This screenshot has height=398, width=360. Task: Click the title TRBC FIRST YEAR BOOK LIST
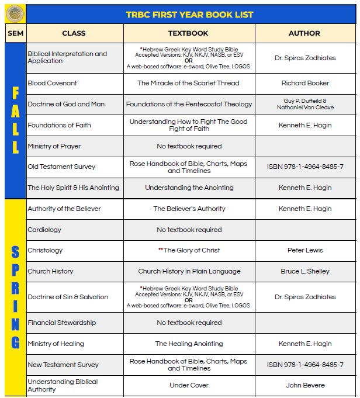[x=189, y=14]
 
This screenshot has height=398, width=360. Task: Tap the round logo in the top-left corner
[x=15, y=13]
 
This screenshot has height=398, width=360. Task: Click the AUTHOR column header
[x=304, y=33]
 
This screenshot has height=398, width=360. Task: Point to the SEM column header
[x=15, y=33]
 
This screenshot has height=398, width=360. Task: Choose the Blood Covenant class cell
[x=52, y=83]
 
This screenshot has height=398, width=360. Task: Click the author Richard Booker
[x=305, y=83]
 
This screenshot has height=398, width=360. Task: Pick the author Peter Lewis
[x=305, y=250]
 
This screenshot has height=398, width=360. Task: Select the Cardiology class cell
[x=44, y=230]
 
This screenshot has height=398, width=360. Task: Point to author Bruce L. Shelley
[x=305, y=271]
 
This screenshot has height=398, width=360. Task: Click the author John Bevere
[x=305, y=385]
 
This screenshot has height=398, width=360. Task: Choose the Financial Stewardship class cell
[x=61, y=323]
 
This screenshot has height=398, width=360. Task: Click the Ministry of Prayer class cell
[x=54, y=146]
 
